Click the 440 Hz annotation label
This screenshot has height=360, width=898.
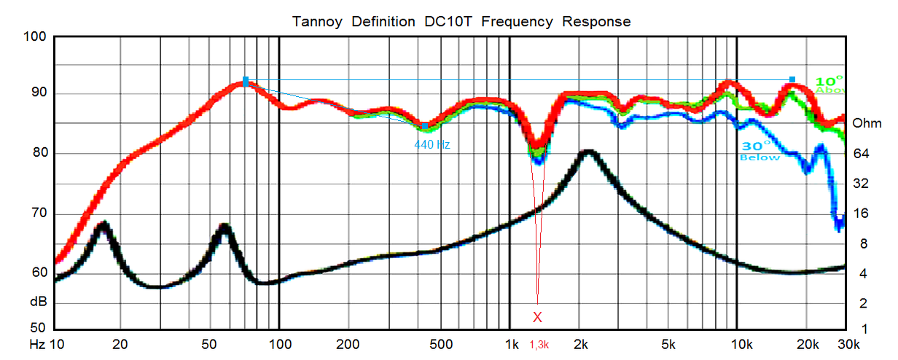click(x=432, y=144)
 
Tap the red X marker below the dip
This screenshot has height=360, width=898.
click(x=537, y=317)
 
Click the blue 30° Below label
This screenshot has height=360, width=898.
click(x=760, y=150)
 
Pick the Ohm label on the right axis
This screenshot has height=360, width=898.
click(x=867, y=122)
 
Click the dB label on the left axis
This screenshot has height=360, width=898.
click(x=39, y=301)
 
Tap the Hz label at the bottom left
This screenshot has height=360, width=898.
click(x=36, y=343)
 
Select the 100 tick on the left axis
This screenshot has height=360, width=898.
click(x=35, y=37)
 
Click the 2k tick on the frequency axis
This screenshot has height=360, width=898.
click(x=581, y=343)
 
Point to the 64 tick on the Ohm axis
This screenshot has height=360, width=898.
click(x=861, y=153)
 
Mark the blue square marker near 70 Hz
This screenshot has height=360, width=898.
click(x=246, y=79)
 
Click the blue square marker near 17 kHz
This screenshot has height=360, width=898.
click(x=792, y=79)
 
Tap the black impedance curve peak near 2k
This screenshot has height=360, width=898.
click(x=588, y=152)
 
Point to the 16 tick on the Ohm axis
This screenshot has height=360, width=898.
click(x=861, y=214)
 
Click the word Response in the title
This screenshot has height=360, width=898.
click(x=596, y=21)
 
